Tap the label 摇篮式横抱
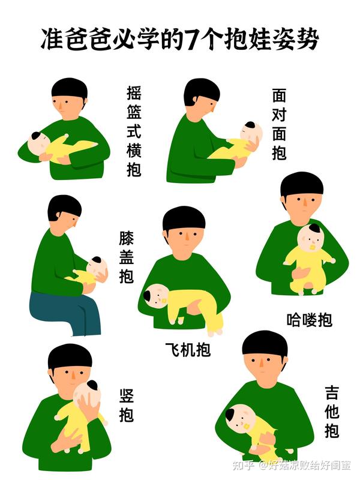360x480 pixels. (x=134, y=131)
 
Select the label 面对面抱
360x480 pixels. (x=279, y=124)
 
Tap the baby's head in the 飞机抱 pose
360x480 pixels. (x=155, y=295)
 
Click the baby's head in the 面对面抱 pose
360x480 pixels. (x=251, y=133)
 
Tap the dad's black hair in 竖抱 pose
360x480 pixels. (x=70, y=355)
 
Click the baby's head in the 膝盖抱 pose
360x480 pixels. (x=97, y=268)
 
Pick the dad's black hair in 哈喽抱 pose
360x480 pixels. (x=302, y=183)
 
